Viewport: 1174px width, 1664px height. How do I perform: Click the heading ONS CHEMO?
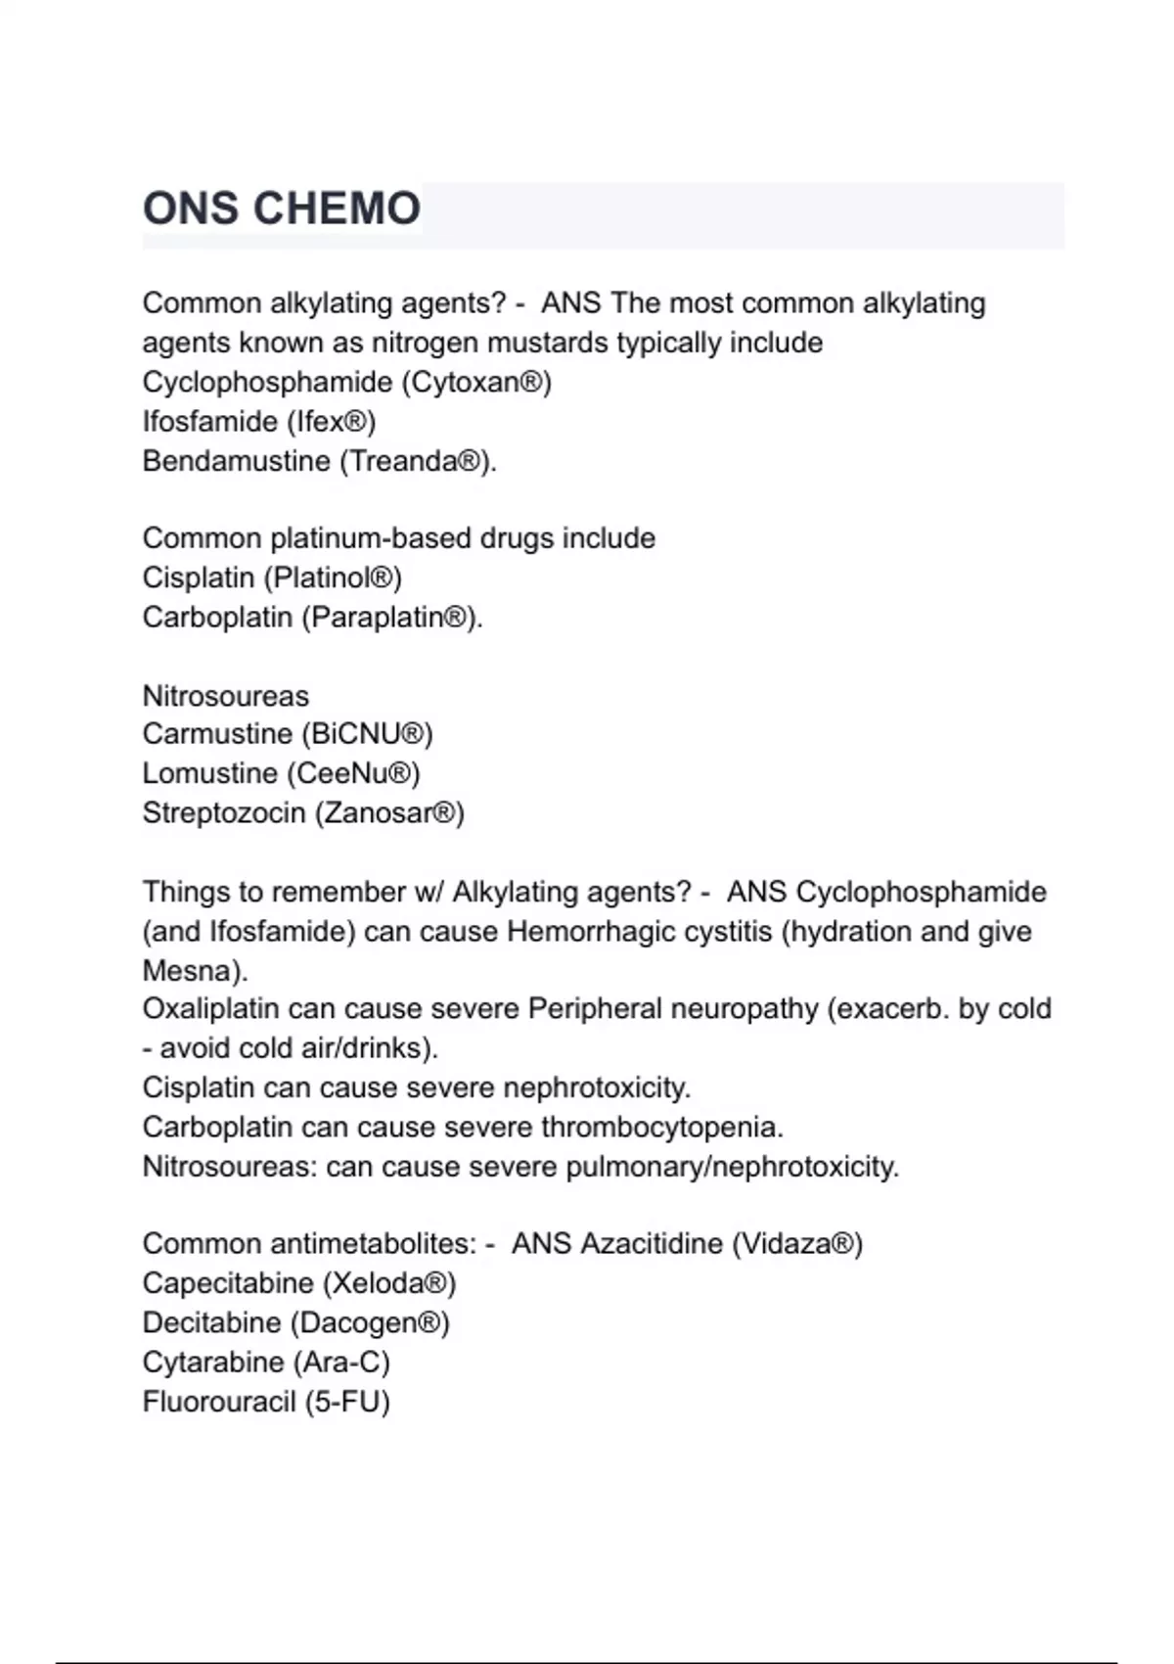[282, 208]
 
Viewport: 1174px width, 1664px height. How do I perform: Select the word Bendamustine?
[236, 461]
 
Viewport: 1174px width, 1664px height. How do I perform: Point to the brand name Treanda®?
[417, 461]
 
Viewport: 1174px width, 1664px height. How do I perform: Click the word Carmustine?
[217, 734]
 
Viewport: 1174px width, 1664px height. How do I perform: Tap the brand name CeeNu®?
[353, 773]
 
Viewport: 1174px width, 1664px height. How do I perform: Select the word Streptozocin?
[223, 813]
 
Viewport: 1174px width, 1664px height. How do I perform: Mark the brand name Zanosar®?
[389, 813]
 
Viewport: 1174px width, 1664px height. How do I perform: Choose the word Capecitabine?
[227, 1283]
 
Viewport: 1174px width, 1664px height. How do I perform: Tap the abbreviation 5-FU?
[347, 1402]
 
